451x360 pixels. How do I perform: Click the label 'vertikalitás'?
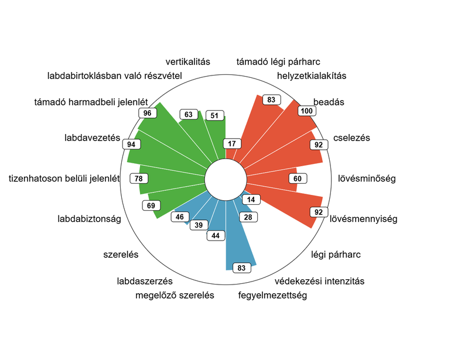click(187, 61)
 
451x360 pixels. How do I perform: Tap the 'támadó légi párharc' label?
click(278, 61)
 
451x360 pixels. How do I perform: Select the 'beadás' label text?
click(329, 102)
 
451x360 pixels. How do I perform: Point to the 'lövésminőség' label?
click(367, 179)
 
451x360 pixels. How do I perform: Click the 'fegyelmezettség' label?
click(272, 295)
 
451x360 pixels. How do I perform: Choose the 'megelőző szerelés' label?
click(175, 295)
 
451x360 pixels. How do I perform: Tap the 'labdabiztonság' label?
click(89, 220)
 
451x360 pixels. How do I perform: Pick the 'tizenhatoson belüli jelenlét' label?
click(64, 179)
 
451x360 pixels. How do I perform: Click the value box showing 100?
click(306, 111)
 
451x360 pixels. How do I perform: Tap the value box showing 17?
click(232, 143)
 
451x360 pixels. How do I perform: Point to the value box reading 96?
click(147, 113)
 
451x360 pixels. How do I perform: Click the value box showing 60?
click(298, 178)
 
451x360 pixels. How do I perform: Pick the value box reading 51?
click(214, 115)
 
